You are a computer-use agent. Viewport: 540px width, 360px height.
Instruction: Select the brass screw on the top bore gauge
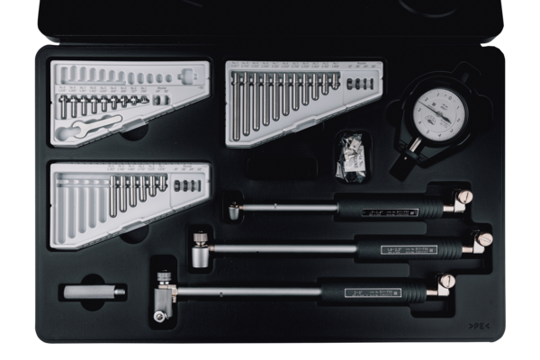[x=464, y=197]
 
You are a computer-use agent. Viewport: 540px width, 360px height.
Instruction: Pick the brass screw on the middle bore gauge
[x=484, y=239]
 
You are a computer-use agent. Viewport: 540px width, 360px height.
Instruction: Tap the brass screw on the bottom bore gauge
[x=446, y=282]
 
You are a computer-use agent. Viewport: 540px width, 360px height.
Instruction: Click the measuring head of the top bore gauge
[x=235, y=211]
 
